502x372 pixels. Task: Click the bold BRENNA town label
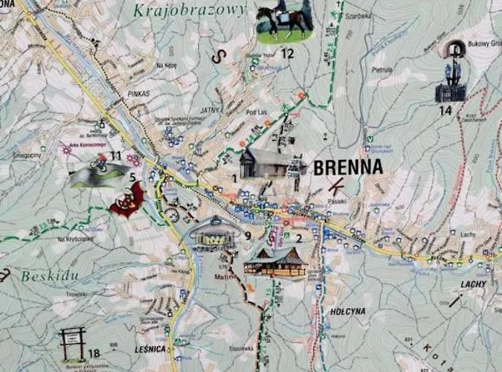[348, 167]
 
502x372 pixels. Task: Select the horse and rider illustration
[283, 23]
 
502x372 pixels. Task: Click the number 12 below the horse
[287, 54]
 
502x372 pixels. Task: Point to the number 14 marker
[445, 111]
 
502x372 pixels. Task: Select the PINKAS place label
[138, 94]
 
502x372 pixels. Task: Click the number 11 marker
[115, 155]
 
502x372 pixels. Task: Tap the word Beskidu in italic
[50, 276]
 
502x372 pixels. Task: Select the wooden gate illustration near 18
[72, 343]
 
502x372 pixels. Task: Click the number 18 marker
[94, 353]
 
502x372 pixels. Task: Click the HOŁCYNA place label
[347, 312]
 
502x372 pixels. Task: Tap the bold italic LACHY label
[473, 284]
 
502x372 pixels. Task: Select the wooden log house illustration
[276, 263]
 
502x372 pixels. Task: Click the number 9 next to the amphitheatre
[248, 237]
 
